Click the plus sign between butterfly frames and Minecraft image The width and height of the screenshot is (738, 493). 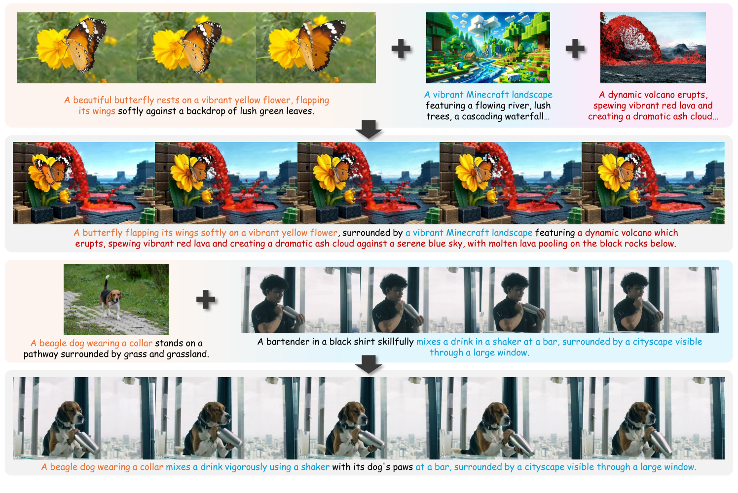401,48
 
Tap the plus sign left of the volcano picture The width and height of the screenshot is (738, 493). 575,48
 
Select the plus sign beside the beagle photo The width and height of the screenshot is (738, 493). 206,299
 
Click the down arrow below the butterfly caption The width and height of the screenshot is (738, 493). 369,130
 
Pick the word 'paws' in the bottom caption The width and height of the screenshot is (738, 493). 403,467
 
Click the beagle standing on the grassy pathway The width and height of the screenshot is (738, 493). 111,299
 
